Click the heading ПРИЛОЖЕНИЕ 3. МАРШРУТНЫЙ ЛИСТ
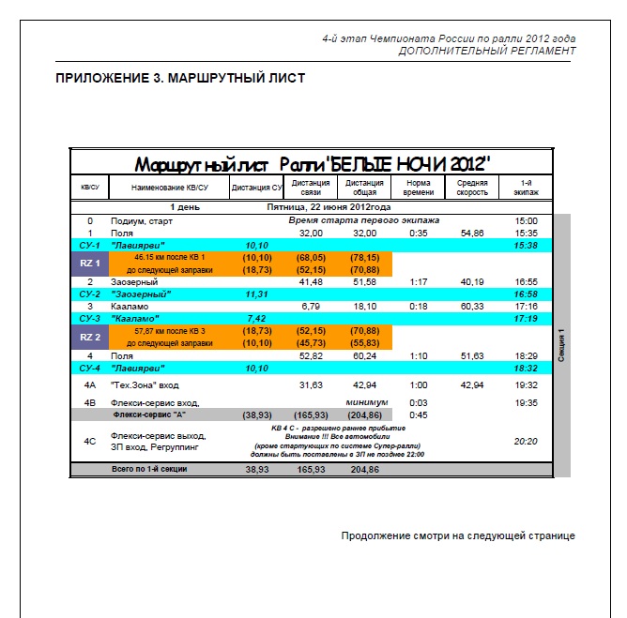(x=181, y=79)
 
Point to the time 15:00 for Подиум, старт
(x=526, y=221)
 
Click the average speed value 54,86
(x=472, y=233)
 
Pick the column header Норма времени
(x=419, y=188)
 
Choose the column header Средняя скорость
(x=472, y=188)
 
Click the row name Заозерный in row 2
(x=135, y=281)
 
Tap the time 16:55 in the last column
(x=526, y=281)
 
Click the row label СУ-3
(x=89, y=319)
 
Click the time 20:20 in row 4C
(x=526, y=441)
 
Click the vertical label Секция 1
(x=561, y=344)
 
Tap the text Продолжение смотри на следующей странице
(x=457, y=536)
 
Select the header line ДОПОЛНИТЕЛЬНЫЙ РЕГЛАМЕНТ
(x=487, y=51)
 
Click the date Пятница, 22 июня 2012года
(x=329, y=206)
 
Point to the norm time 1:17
(x=419, y=281)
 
